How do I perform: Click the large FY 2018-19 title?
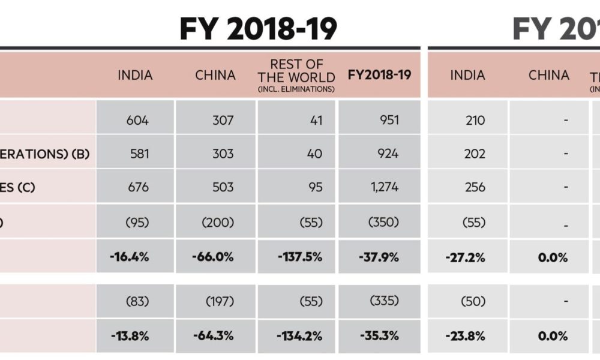coord(259,28)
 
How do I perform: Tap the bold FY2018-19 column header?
coord(379,76)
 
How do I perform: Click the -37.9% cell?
coord(379,257)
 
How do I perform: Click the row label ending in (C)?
coord(18,187)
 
